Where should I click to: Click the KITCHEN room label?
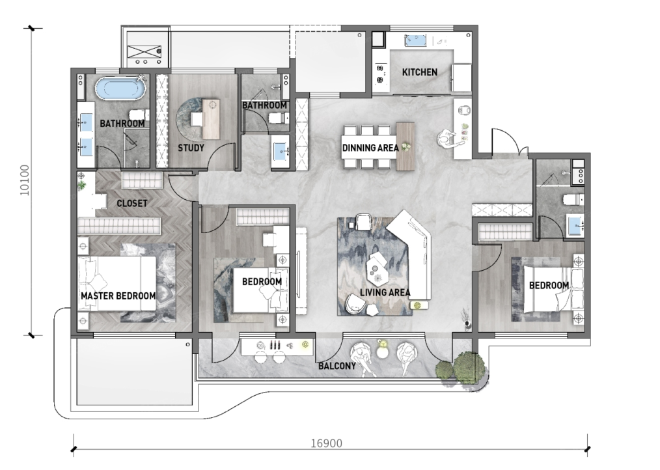pos(420,72)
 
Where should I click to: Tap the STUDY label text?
pos(191,148)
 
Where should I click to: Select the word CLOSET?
pos(131,203)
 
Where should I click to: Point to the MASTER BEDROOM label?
pos(118,296)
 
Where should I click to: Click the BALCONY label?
pos(337,366)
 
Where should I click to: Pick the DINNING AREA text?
pos(370,148)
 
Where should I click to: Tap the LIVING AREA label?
pos(385,292)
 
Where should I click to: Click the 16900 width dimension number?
pos(326,443)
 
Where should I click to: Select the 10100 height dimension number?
pos(25,180)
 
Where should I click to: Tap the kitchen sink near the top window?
pos(415,41)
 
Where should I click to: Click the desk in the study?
pos(211,119)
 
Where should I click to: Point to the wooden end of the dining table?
pos(406,146)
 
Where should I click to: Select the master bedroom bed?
pos(117,283)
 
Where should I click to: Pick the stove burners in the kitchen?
pos(381,74)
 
